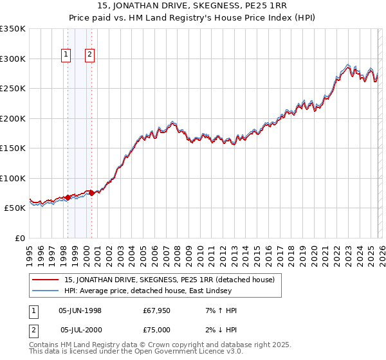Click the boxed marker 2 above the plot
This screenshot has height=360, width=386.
90,55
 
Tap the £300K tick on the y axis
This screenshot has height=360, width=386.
13,59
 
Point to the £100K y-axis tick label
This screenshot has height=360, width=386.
13,178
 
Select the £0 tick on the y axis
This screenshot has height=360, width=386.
19,239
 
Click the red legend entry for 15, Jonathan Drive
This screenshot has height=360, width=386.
169,280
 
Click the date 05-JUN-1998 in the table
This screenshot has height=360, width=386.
80,310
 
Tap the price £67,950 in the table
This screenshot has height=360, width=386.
157,310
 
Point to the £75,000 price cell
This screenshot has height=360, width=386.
157,330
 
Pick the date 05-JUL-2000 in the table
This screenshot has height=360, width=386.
80,330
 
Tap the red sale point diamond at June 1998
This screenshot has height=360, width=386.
68,197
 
